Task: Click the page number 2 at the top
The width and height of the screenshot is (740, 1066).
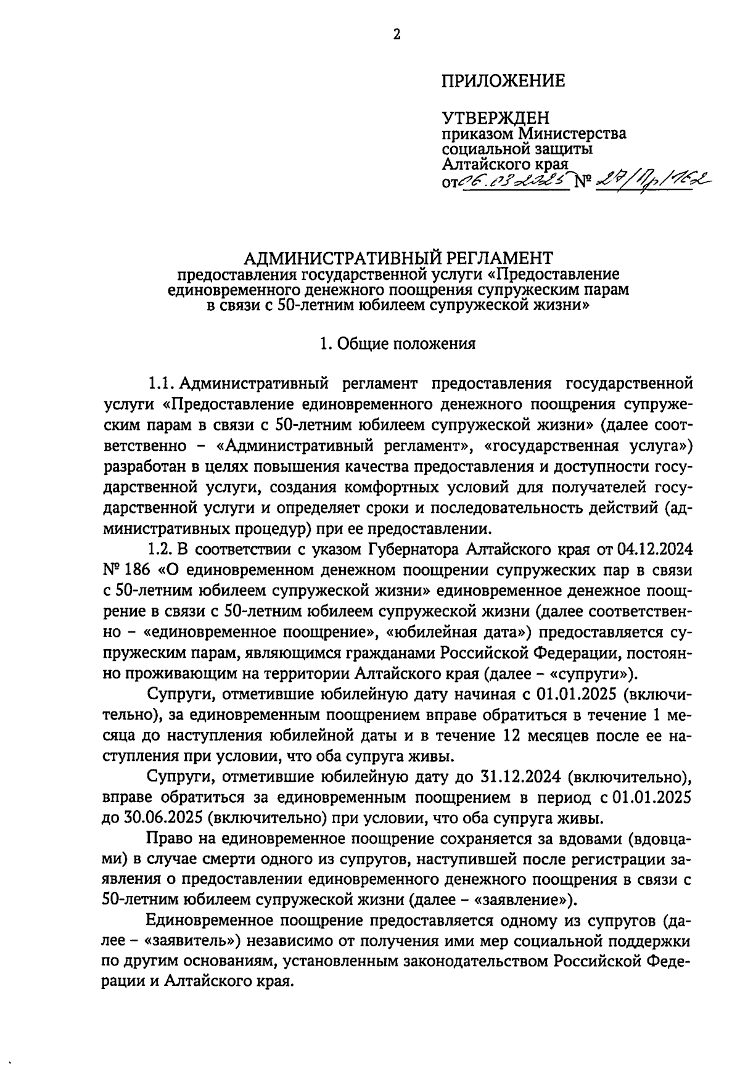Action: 397,35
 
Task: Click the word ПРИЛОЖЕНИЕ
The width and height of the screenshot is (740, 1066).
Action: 503,81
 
